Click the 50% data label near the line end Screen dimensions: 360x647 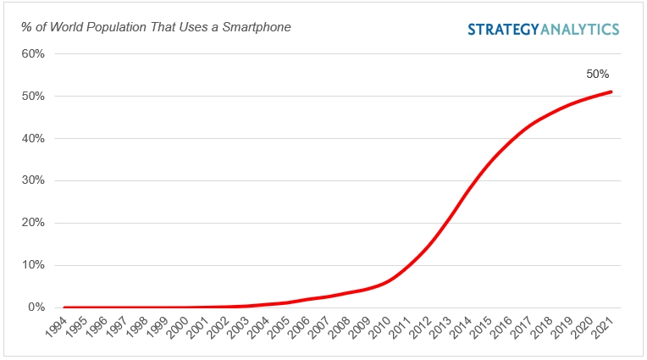(597, 74)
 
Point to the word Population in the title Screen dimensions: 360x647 (111, 27)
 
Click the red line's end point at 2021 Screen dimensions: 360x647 (611, 92)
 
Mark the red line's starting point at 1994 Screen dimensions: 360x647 (65, 307)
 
